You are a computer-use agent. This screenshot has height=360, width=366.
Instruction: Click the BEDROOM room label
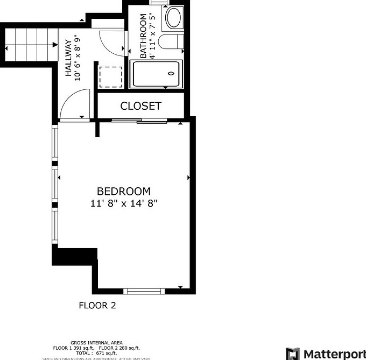(x=124, y=191)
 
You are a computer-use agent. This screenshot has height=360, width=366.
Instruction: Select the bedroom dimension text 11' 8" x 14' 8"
(x=124, y=203)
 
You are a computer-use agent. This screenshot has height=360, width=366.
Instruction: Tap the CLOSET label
(x=140, y=106)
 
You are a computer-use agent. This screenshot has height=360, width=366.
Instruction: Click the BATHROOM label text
(x=143, y=36)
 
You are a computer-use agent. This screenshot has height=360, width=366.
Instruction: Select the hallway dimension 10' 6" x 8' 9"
(x=78, y=59)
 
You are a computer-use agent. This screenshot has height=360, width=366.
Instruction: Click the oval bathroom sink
(x=174, y=18)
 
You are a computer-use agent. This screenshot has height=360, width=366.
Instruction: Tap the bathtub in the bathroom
(x=157, y=74)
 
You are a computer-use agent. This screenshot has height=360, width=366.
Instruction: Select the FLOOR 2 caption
(x=97, y=306)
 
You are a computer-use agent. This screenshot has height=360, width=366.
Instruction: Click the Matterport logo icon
(x=292, y=354)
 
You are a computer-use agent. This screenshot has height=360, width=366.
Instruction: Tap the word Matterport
(x=334, y=354)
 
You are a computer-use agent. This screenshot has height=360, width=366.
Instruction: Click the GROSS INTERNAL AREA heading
(x=97, y=343)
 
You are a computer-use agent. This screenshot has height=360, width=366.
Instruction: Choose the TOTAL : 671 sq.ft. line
(x=96, y=352)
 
